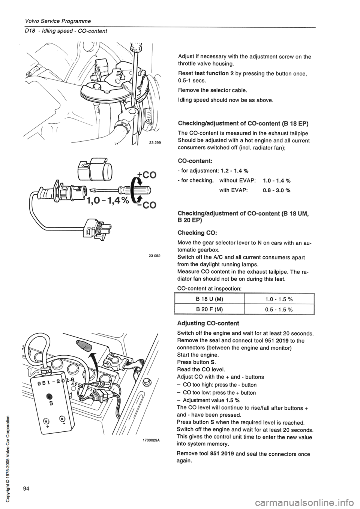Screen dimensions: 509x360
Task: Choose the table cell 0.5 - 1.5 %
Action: coord(279,309)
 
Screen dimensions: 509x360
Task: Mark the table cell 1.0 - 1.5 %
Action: coord(279,298)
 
